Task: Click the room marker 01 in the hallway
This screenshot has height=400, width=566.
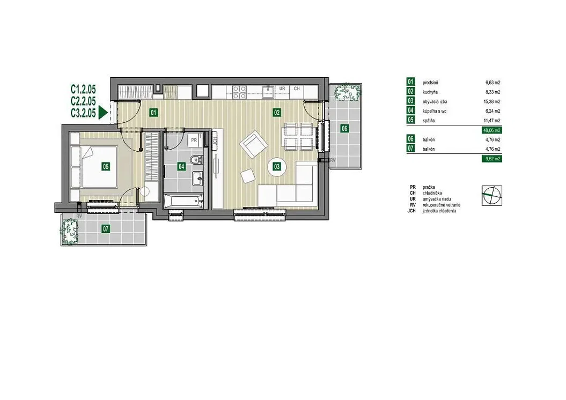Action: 153,113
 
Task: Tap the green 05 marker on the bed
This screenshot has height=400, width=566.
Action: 106,166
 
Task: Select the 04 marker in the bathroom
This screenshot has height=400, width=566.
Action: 181,166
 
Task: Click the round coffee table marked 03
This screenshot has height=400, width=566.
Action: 277,167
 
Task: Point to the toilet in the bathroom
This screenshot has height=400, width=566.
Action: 196,159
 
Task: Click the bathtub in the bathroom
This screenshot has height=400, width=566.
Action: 183,201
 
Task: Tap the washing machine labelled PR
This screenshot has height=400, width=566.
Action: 194,140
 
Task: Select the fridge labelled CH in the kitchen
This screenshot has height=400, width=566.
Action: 297,92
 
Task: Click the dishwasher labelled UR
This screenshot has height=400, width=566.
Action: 282,92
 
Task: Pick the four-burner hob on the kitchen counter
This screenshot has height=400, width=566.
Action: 239,92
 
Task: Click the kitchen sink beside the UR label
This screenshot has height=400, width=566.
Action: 268,92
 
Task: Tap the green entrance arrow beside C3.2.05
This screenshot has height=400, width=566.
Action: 103,113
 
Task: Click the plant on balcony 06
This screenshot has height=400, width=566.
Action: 347,92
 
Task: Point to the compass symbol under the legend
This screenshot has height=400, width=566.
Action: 492,196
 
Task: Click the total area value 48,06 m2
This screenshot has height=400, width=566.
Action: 491,130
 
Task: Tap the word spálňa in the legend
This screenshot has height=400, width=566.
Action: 429,121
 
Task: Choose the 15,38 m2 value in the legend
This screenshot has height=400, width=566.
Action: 493,102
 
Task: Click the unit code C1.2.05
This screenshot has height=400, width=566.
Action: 83,88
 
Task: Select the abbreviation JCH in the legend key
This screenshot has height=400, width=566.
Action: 411,211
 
